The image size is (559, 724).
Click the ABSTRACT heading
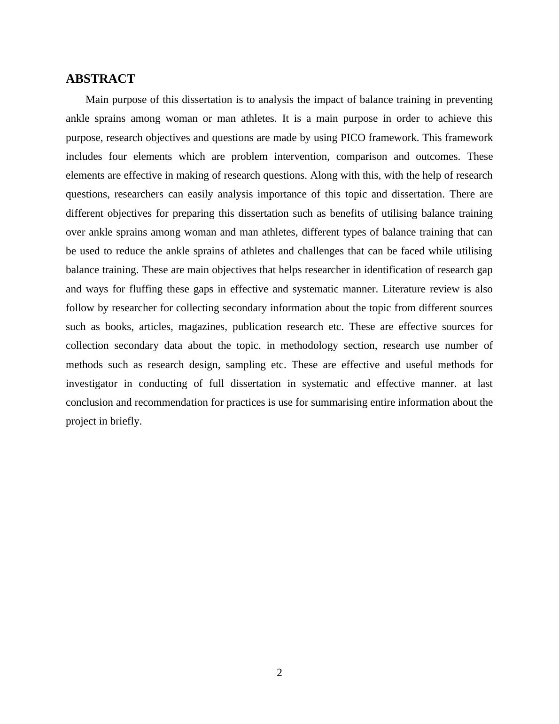101,79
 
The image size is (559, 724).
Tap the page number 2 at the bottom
279,673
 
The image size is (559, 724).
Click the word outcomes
438,157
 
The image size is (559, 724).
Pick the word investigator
92,384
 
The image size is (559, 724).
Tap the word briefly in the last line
126,421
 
